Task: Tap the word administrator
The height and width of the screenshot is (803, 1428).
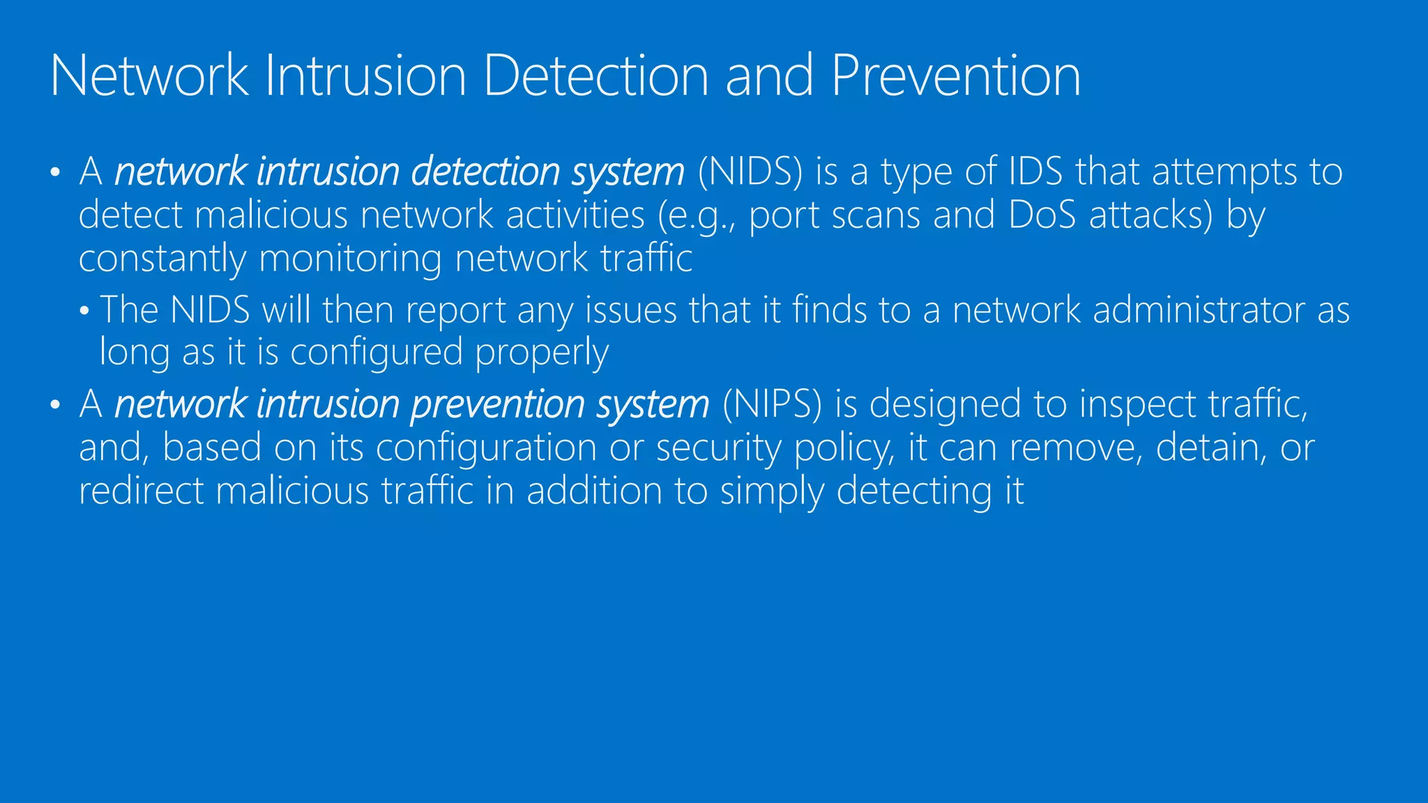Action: click(x=1198, y=310)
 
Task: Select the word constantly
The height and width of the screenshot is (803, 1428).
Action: click(x=162, y=259)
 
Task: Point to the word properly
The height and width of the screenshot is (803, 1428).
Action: click(x=542, y=353)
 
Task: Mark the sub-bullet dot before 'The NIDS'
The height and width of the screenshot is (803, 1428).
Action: click(x=84, y=312)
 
